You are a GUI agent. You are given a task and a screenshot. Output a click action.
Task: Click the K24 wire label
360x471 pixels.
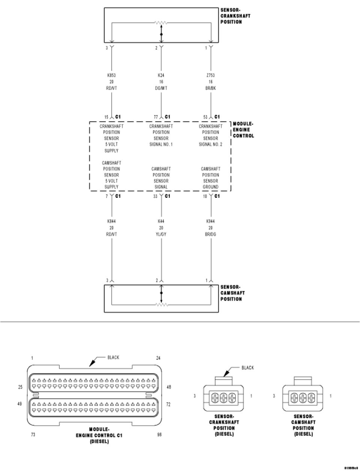(161, 75)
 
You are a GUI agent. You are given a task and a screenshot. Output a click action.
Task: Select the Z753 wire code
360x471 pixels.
(211, 75)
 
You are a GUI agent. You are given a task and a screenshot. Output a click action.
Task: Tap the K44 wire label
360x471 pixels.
(161, 221)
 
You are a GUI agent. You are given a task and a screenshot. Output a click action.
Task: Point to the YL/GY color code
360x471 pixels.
(161, 234)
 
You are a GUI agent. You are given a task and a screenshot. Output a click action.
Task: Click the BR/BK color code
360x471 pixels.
(211, 88)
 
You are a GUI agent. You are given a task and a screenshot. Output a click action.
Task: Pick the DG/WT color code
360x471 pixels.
(161, 88)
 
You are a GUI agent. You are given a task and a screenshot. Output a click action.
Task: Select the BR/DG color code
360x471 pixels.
(211, 234)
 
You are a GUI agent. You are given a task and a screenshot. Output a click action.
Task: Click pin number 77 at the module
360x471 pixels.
(156, 117)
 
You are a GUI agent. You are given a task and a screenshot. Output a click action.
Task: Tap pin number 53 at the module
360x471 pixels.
(205, 117)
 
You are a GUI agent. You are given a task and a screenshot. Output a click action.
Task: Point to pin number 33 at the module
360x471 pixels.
(156, 196)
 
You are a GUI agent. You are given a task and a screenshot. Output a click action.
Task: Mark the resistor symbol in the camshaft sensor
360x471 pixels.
(161, 305)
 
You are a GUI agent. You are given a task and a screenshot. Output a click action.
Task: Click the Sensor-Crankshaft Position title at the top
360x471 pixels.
(235, 16)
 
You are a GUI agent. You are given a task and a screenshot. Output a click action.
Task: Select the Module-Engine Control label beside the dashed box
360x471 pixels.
(243, 130)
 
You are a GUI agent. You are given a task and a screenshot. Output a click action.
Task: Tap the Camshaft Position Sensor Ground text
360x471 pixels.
(211, 178)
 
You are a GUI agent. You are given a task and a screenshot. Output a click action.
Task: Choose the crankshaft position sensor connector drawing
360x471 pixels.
(224, 397)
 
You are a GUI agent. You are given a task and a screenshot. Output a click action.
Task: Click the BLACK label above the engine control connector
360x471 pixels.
(113, 357)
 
